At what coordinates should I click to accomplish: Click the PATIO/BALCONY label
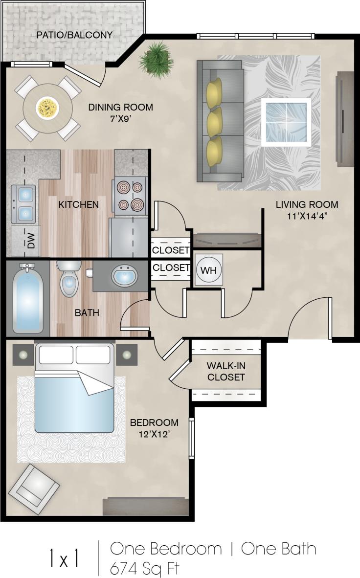coord(74,35)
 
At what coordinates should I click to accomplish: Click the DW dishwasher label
coord(31,241)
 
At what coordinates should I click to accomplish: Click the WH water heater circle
coord(209,270)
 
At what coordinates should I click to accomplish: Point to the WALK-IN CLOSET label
coord(225,371)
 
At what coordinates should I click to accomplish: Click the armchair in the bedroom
coord(34,488)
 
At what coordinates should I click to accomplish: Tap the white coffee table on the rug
coord(286,122)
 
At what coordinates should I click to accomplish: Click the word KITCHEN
coord(78,204)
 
